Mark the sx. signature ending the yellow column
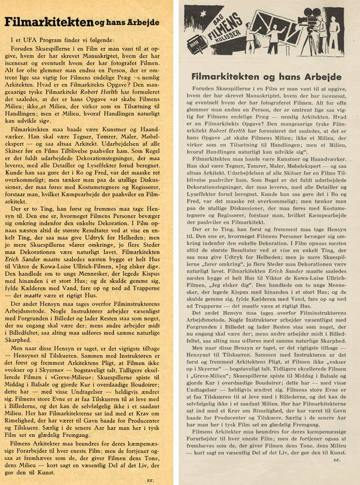[149, 480]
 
